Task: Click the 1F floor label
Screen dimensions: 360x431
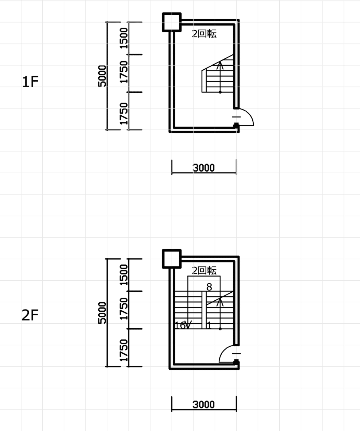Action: click(x=30, y=82)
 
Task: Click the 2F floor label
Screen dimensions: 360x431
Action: click(x=30, y=315)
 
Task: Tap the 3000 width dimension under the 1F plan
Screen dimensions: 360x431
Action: click(x=203, y=168)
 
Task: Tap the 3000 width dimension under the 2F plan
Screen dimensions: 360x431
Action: click(x=203, y=404)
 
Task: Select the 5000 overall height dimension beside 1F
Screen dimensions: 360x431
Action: click(x=102, y=76)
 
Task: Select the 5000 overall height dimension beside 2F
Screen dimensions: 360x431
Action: click(x=102, y=313)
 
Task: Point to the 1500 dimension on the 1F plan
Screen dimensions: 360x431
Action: click(x=124, y=38)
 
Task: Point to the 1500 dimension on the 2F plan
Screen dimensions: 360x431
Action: click(x=124, y=275)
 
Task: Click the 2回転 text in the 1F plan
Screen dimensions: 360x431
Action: click(x=204, y=34)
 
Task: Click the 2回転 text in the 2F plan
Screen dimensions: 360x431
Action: click(x=204, y=270)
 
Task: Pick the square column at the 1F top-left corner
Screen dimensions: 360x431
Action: click(x=172, y=22)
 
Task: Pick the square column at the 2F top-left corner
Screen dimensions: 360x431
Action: click(x=172, y=259)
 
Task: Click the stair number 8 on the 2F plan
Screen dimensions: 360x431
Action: click(x=209, y=287)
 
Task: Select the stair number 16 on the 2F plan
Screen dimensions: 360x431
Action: click(x=180, y=326)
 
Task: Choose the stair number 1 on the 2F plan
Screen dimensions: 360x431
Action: click(x=209, y=326)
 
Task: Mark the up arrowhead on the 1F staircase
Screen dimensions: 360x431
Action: click(x=220, y=65)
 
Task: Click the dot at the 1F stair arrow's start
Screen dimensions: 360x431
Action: click(x=220, y=92)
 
